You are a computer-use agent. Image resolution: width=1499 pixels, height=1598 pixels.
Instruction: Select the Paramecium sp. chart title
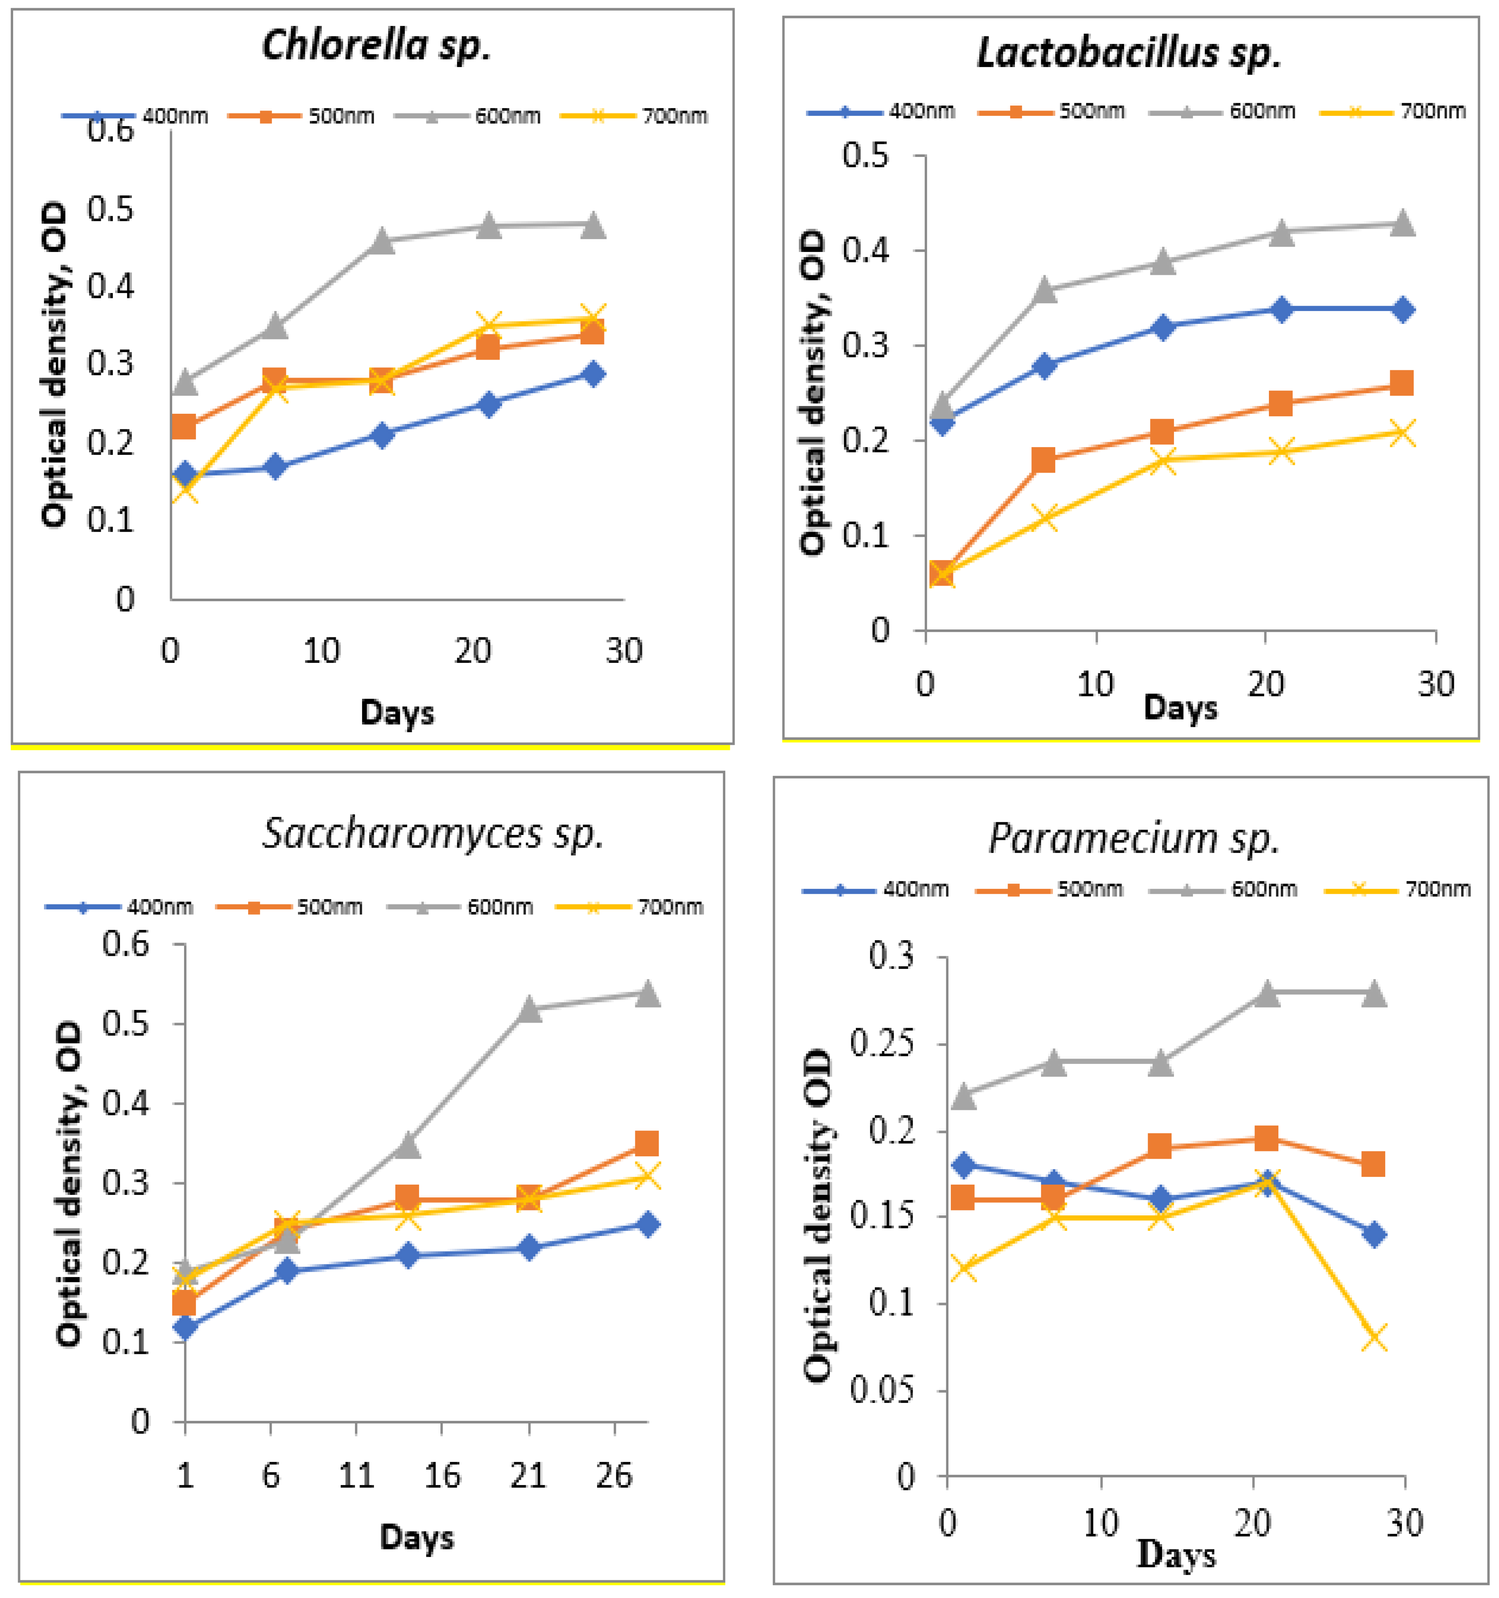click(1133, 838)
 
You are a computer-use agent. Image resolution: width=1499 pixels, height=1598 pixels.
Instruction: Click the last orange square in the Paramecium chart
click(1373, 1163)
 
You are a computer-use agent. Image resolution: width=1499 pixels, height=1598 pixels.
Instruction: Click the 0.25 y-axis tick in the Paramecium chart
click(883, 1044)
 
